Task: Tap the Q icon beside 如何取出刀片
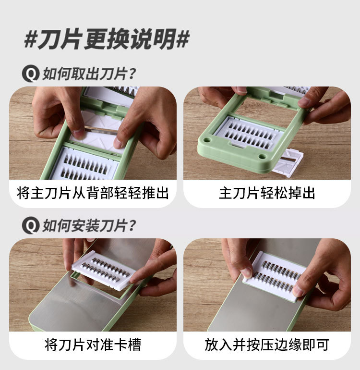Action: point(31,74)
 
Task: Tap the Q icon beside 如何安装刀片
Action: point(31,225)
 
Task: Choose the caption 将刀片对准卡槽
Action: point(93,345)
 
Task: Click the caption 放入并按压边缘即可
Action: point(267,345)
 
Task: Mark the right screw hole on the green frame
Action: point(262,157)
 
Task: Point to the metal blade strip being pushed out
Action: point(101,129)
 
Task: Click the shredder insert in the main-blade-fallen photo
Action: point(246,132)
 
